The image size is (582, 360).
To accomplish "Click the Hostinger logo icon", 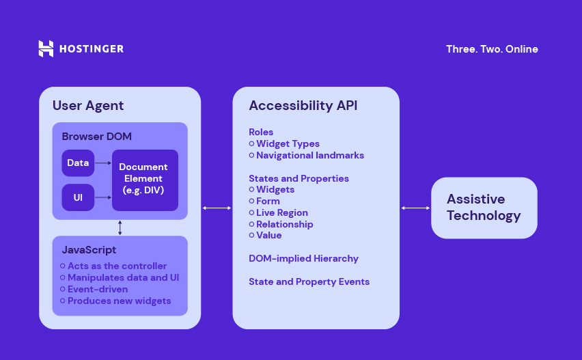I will click(46, 49).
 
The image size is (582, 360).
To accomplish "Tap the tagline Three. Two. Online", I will click(492, 49).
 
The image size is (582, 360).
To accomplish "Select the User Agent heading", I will click(88, 105).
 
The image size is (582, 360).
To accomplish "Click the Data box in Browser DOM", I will click(78, 163).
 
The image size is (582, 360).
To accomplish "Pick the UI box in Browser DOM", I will click(78, 197).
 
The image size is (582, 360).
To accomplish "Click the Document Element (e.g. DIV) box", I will click(145, 180).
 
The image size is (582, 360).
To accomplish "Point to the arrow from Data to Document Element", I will click(103, 163).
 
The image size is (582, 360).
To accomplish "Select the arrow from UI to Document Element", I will click(103, 197).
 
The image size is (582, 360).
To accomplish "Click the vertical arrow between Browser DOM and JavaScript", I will click(120, 227).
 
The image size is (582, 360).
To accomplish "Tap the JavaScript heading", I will click(89, 250).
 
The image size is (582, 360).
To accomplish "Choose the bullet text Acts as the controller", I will click(117, 266).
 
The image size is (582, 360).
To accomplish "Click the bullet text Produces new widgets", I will click(119, 301).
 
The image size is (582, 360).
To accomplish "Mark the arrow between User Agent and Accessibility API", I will click(217, 208).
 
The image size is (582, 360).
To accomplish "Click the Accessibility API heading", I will click(303, 105).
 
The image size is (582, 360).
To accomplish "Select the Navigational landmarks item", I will click(309, 155).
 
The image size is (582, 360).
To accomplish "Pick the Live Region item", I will click(281, 212).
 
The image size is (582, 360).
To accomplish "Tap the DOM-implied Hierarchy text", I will click(303, 258).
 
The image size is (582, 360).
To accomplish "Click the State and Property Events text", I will click(309, 281).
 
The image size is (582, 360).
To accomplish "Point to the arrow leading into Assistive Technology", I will click(415, 208).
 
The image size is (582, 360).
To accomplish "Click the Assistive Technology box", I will click(484, 208).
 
